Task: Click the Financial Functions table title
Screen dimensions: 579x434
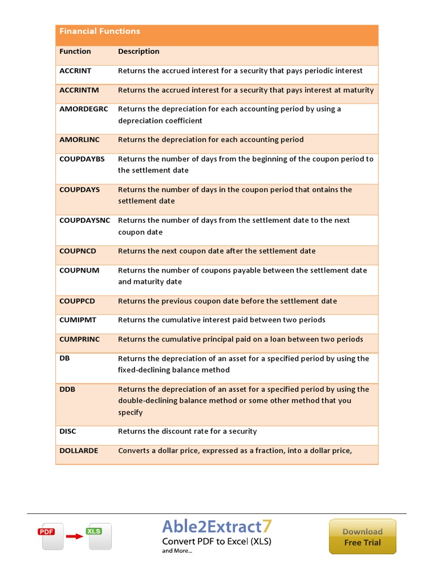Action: click(x=99, y=32)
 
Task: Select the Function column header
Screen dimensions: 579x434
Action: click(x=75, y=51)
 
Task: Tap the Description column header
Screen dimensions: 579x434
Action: click(x=138, y=51)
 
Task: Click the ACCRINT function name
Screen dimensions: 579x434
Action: click(x=75, y=71)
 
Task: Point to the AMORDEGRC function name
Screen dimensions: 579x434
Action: click(x=84, y=109)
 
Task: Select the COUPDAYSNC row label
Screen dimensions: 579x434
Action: click(x=85, y=221)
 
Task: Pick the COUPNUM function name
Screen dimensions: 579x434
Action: click(x=79, y=270)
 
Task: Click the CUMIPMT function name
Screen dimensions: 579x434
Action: click(x=78, y=320)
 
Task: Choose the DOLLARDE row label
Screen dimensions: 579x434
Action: click(x=79, y=451)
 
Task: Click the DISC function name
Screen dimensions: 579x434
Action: click(x=68, y=431)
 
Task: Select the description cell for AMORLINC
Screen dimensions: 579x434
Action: click(x=211, y=140)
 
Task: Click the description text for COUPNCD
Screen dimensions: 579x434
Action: click(x=216, y=251)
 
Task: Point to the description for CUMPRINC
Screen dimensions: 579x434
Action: click(x=240, y=339)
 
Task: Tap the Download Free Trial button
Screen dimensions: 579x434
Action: click(x=362, y=537)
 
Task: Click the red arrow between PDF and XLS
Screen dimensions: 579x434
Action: click(x=74, y=536)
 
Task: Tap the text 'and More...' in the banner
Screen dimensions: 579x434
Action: click(x=177, y=551)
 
